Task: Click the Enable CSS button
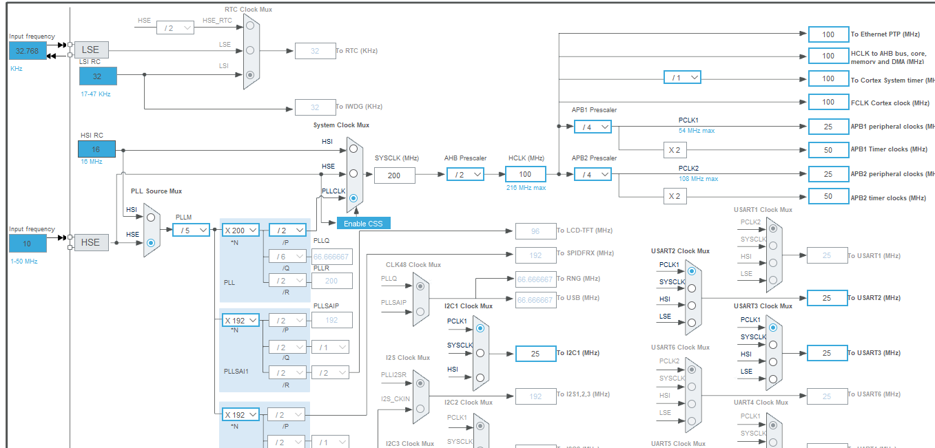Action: coord(363,224)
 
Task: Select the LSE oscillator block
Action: coord(91,50)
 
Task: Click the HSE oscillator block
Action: coord(91,242)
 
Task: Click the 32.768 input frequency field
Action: coord(28,50)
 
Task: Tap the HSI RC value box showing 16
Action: coord(96,149)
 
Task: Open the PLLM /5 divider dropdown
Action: coord(191,230)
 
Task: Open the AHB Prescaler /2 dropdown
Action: coord(465,175)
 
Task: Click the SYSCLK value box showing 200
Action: coord(395,175)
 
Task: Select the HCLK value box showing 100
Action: coord(526,174)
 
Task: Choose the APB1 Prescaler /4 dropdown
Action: coord(593,127)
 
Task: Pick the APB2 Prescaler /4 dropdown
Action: coord(593,175)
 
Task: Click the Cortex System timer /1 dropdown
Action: coord(682,78)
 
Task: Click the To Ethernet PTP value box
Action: coord(828,34)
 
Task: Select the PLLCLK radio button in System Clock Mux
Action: coord(353,198)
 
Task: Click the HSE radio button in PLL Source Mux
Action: coord(152,242)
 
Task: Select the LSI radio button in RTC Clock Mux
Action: coord(250,74)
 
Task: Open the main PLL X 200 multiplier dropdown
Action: coord(240,231)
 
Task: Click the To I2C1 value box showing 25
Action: coord(535,353)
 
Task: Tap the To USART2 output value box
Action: coord(828,298)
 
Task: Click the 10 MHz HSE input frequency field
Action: coord(28,243)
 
